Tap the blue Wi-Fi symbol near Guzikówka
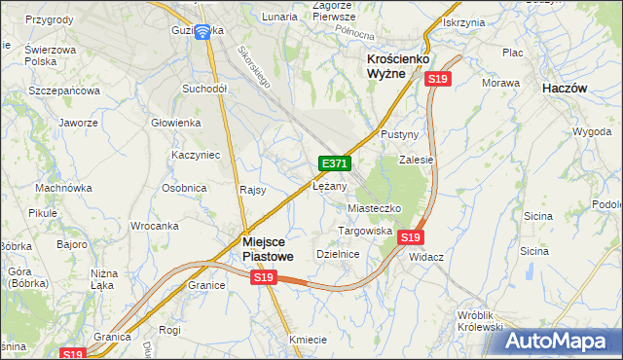coord(202,32)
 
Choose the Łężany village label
coord(330,185)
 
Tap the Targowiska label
coord(364,232)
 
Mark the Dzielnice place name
coord(338,254)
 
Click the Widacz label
coord(426,256)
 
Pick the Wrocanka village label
coord(154,226)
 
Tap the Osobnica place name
coord(183,188)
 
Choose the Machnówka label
coord(62,188)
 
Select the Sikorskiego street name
coord(250,67)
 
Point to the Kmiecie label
coord(308,339)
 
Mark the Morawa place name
coord(500,83)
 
